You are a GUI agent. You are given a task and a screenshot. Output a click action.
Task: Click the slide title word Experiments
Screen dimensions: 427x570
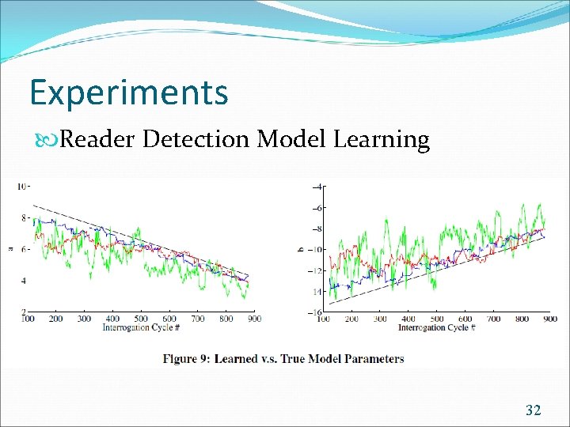click(x=128, y=93)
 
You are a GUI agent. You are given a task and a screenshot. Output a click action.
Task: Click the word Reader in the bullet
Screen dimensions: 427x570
click(x=98, y=140)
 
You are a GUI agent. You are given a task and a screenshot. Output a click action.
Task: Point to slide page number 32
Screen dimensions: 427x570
click(x=534, y=410)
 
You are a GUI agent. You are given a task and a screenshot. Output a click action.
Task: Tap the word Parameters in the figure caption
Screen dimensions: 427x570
click(x=373, y=358)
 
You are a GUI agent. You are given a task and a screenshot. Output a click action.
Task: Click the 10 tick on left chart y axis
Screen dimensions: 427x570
click(x=24, y=187)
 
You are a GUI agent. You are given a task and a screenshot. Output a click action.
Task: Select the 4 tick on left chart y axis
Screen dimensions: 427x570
click(x=25, y=281)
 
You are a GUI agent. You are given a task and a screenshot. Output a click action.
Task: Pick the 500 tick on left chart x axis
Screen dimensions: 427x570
click(x=142, y=319)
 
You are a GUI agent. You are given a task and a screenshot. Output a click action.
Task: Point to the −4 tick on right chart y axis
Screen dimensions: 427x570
click(x=317, y=187)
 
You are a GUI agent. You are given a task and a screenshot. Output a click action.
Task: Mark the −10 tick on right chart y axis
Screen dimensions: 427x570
click(x=316, y=250)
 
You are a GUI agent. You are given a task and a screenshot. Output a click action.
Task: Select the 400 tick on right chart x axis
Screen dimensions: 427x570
click(x=408, y=319)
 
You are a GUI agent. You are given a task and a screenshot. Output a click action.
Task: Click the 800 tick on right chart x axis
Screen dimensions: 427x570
click(x=521, y=319)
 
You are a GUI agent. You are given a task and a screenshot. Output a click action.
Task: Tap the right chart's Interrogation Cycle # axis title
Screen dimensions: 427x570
click(x=436, y=327)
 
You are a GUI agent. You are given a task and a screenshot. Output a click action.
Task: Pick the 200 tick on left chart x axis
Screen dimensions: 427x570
click(x=56, y=319)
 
